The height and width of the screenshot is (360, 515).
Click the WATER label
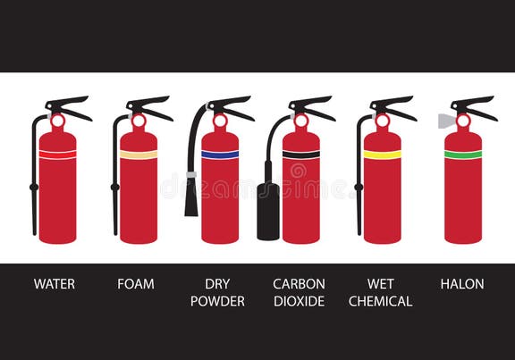(55, 284)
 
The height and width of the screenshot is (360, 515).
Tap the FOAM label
(136, 284)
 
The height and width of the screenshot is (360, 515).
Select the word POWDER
(217, 301)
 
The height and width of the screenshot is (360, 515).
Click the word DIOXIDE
(299, 301)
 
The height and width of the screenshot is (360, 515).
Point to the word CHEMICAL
(380, 301)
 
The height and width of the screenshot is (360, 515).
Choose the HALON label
(462, 284)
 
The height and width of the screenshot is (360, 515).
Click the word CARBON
(299, 284)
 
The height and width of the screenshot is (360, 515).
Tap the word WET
(380, 284)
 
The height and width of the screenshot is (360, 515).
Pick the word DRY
(217, 284)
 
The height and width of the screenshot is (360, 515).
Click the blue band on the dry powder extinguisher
(220, 155)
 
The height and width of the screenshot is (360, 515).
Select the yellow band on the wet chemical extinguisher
(382, 155)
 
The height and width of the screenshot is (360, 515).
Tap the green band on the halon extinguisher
(463, 155)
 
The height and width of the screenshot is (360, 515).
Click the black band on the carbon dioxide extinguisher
(301, 155)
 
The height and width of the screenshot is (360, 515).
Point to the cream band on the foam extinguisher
(139, 155)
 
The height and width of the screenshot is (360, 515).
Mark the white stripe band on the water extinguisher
(57, 155)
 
